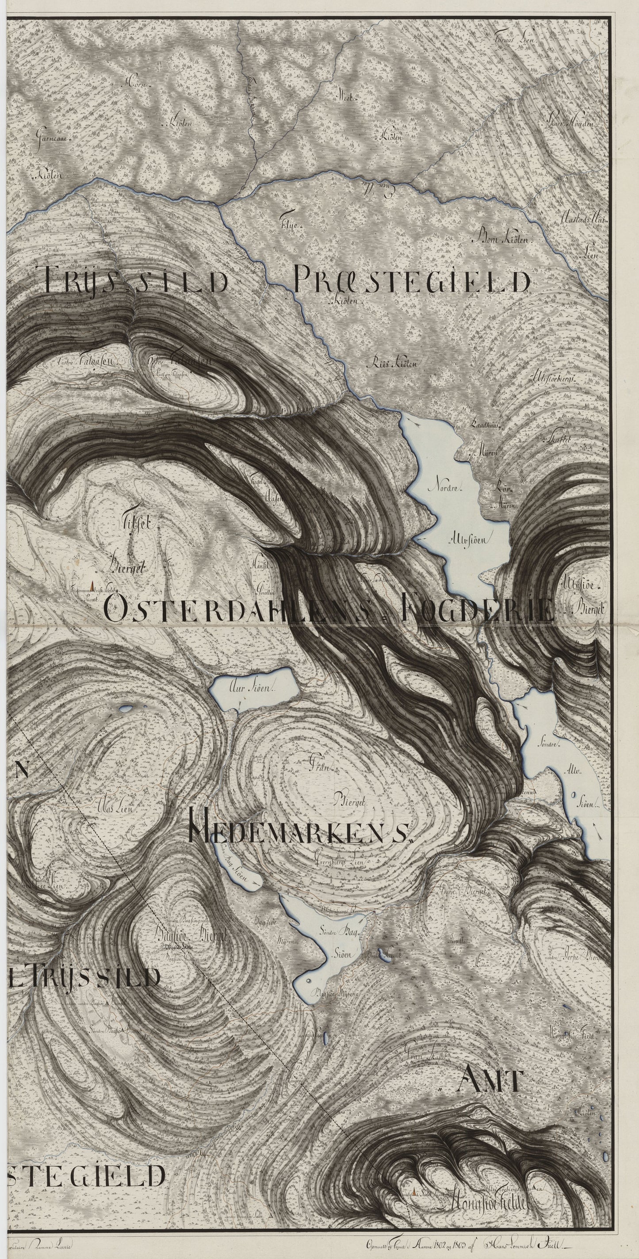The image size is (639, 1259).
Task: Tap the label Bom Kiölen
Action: pyautogui.click(x=502, y=240)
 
